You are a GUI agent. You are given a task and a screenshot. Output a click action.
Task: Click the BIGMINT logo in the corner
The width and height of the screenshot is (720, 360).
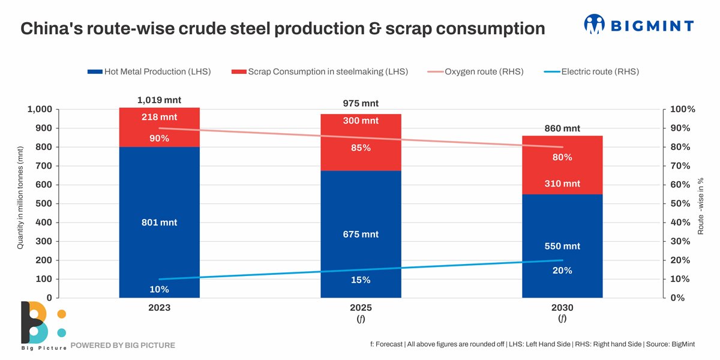639,25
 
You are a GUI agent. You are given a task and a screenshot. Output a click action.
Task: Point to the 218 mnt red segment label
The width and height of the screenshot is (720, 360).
159,117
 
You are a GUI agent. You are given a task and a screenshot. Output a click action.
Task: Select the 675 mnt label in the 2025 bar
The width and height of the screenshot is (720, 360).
361,234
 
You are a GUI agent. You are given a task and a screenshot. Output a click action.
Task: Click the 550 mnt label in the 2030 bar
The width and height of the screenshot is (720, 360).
562,246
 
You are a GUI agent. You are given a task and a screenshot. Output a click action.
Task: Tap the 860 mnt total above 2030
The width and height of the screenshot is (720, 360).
562,128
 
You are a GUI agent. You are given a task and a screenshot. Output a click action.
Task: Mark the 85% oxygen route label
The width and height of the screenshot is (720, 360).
361,148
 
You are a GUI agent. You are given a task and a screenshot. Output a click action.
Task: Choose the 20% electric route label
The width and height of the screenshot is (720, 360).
562,271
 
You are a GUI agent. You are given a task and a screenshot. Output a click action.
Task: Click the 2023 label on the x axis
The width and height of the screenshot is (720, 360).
159,308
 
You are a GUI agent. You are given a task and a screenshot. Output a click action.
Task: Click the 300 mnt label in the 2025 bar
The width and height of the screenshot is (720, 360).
361,121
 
